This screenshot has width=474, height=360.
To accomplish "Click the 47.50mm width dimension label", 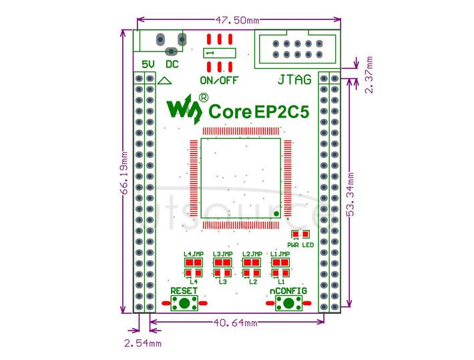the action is click(x=237, y=21).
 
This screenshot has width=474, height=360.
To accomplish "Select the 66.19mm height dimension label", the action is click(x=124, y=173).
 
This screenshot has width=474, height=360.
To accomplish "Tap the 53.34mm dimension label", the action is click(x=350, y=194).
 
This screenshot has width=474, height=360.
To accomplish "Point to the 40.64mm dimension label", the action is click(x=236, y=323).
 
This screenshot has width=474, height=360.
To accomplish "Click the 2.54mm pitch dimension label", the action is click(x=143, y=343).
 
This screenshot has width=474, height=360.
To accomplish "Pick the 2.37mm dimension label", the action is click(x=369, y=75).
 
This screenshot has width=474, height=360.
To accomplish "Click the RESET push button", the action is click(x=184, y=303).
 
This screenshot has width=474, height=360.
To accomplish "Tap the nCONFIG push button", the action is click(x=288, y=303).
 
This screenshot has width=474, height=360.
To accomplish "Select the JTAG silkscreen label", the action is click(x=294, y=80).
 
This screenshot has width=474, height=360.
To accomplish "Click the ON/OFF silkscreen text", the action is click(x=219, y=80).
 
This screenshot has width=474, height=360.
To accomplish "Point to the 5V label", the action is click(x=148, y=64).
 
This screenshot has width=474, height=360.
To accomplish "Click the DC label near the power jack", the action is click(x=172, y=64).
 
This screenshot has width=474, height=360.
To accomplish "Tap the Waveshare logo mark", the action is click(x=184, y=109).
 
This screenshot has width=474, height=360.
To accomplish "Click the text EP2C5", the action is click(x=282, y=112).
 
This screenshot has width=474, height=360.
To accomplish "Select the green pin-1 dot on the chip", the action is click(x=276, y=214).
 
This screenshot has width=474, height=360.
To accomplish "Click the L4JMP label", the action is click(x=194, y=254).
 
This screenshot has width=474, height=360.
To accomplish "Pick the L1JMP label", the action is click(x=280, y=254).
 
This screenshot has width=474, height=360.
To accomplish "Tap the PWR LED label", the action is click(x=300, y=244).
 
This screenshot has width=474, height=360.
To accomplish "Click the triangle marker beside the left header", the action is click(x=165, y=81).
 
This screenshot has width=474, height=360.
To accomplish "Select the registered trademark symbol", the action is click(x=204, y=98).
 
